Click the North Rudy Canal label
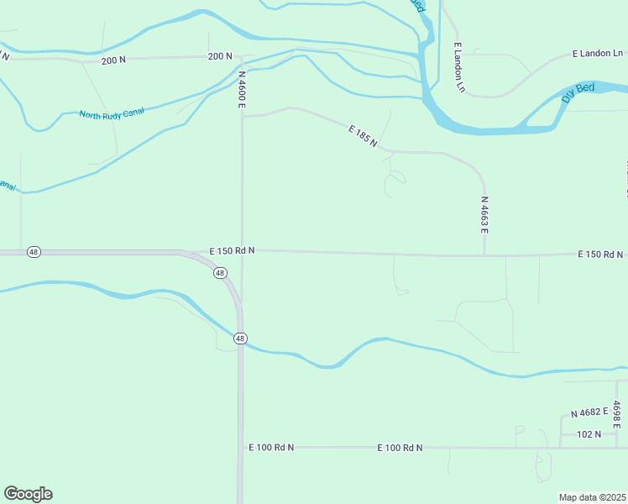(112, 113)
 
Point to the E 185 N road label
(363, 136)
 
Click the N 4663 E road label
(484, 215)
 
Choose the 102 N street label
(589, 434)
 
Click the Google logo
(28, 494)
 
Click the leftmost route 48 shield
(33, 252)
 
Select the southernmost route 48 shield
(240, 339)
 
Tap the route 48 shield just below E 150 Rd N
(219, 273)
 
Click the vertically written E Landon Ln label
(458, 66)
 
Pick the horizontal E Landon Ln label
(597, 53)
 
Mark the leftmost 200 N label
(113, 60)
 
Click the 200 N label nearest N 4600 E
(219, 56)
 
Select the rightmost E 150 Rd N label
(600, 255)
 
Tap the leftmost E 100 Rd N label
(271, 448)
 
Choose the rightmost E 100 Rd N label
(400, 448)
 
